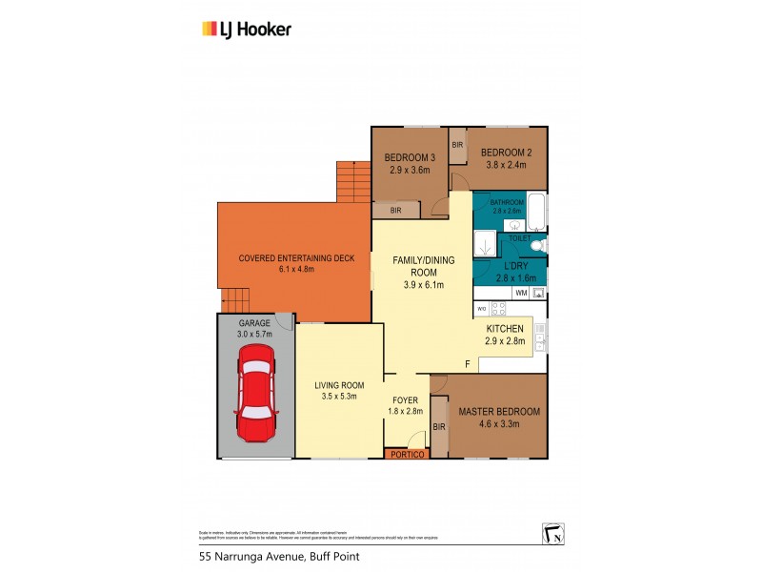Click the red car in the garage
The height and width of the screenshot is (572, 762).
click(255, 393)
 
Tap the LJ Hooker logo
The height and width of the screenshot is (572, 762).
click(246, 29)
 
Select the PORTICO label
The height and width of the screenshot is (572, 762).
click(407, 456)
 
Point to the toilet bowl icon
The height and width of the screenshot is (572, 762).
click(536, 245)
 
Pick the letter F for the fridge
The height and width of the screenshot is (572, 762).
click(468, 364)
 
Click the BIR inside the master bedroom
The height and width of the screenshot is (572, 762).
click(440, 426)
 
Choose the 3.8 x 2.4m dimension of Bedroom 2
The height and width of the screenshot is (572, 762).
click(506, 164)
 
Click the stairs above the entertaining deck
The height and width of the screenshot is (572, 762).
click(351, 181)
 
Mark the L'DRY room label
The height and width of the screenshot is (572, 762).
click(516, 266)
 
